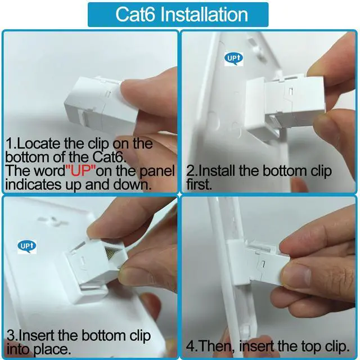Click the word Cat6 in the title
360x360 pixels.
[x=135, y=14]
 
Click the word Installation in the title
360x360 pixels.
[x=204, y=14]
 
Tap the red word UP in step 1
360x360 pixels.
[x=80, y=171]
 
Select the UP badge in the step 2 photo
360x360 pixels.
[x=233, y=58]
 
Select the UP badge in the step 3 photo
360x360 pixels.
[x=27, y=246]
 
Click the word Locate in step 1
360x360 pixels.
[x=39, y=143]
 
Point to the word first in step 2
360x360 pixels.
[x=199, y=184]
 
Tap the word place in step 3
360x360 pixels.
[x=52, y=349]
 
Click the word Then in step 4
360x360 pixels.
[x=216, y=346]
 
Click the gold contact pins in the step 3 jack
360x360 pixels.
[x=112, y=253]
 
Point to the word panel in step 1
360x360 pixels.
[x=157, y=172]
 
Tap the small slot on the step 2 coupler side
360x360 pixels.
[x=291, y=91]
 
